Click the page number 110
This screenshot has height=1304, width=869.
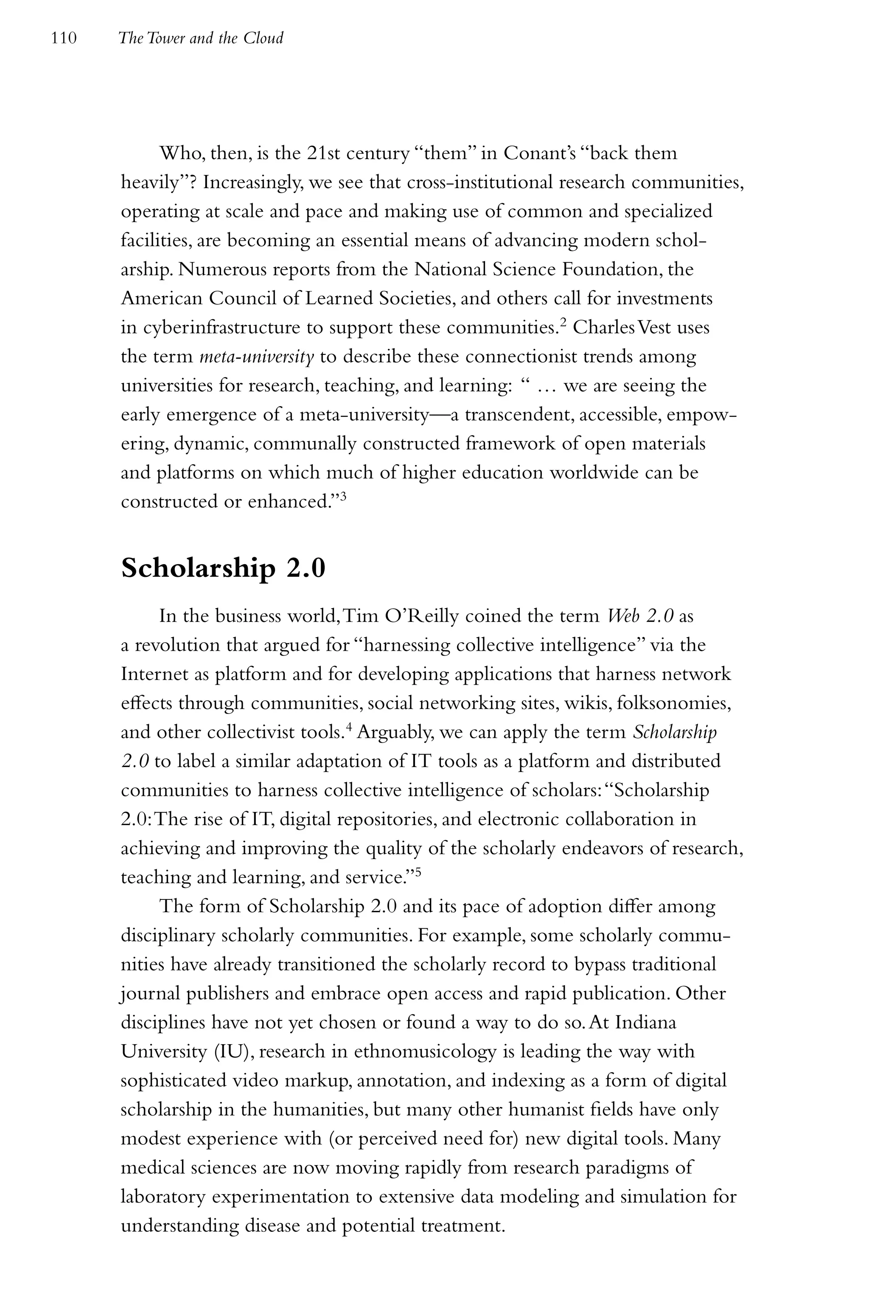(x=64, y=38)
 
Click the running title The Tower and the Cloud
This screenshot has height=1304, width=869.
(x=201, y=38)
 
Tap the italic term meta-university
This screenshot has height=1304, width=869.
(x=257, y=357)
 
